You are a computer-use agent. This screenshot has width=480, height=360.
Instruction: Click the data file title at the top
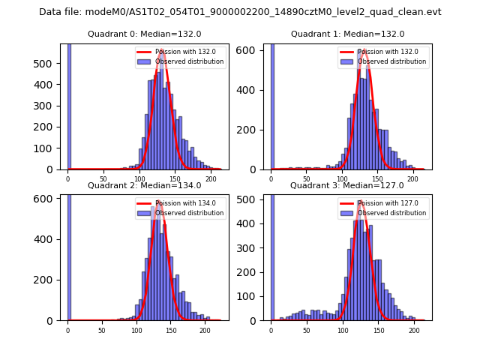tap(240, 12)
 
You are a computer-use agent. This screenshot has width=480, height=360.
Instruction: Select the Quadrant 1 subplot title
tap(347, 34)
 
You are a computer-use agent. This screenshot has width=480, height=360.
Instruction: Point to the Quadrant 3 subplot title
tap(347, 185)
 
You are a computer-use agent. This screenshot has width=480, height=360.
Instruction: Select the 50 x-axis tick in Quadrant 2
tap(102, 330)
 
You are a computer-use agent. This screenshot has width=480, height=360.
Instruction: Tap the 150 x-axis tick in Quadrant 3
tap(378, 330)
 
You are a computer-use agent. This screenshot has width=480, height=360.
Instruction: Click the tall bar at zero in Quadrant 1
tap(271, 105)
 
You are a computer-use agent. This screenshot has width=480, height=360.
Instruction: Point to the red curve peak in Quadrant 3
tap(360, 202)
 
